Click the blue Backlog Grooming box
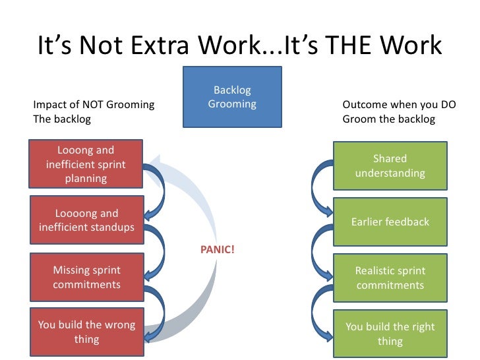click(232, 96)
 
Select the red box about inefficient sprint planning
click(86, 164)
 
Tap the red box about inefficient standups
click(86, 220)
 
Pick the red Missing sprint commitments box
click(86, 278)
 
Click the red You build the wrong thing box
click(86, 332)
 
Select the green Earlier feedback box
click(390, 222)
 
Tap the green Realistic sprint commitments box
click(390, 278)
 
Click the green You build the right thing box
click(390, 334)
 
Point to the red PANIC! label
click(217, 250)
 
